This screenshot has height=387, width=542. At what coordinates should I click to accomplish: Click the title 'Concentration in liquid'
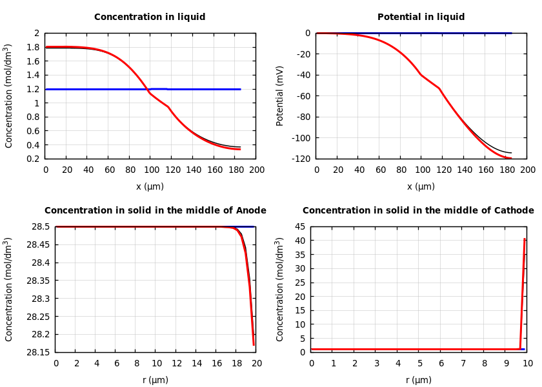(150, 17)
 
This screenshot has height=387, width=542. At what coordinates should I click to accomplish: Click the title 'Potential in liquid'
(421, 17)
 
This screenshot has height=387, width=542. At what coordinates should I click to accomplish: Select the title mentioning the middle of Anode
(155, 211)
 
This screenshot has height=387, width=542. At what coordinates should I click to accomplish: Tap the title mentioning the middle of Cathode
(418, 211)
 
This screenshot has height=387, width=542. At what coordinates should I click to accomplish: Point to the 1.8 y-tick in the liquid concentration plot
(36, 47)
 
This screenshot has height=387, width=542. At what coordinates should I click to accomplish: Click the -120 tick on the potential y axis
(302, 159)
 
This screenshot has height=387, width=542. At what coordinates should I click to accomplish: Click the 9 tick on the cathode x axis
(506, 363)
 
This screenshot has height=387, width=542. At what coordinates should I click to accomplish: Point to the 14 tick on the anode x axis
(196, 363)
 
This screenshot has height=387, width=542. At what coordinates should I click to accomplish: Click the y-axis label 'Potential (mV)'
(280, 95)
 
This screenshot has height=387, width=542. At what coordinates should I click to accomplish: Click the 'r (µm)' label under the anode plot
(155, 380)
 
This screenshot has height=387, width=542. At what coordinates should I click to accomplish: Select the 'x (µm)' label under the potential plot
(421, 186)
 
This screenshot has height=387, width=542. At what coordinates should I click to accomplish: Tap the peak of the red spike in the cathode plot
(525, 239)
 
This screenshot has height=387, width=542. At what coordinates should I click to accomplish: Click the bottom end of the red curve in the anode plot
(254, 344)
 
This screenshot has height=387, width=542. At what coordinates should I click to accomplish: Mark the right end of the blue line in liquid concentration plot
(241, 89)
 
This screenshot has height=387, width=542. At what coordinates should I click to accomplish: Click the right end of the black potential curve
(512, 153)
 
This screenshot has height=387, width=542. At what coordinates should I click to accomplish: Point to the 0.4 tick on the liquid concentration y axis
(36, 145)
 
